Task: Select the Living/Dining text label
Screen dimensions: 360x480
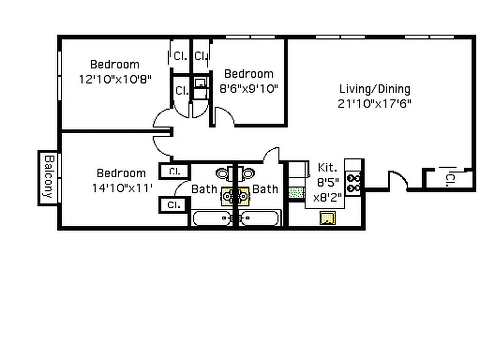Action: [x=374, y=89]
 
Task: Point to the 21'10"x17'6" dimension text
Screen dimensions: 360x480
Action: [x=374, y=103]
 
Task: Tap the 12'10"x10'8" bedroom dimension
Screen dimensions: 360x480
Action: [x=115, y=79]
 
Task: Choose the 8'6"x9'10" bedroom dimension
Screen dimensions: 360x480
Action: [x=248, y=88]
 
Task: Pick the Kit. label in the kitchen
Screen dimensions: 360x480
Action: [x=327, y=168]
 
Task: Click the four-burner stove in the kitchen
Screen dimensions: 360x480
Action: [x=354, y=182]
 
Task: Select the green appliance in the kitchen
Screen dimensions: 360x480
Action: [x=296, y=193]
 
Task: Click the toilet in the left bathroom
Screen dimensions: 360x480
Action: [x=223, y=173]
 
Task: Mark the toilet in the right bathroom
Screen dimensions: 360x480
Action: [x=248, y=173]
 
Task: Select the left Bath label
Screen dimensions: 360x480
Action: [x=204, y=189]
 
